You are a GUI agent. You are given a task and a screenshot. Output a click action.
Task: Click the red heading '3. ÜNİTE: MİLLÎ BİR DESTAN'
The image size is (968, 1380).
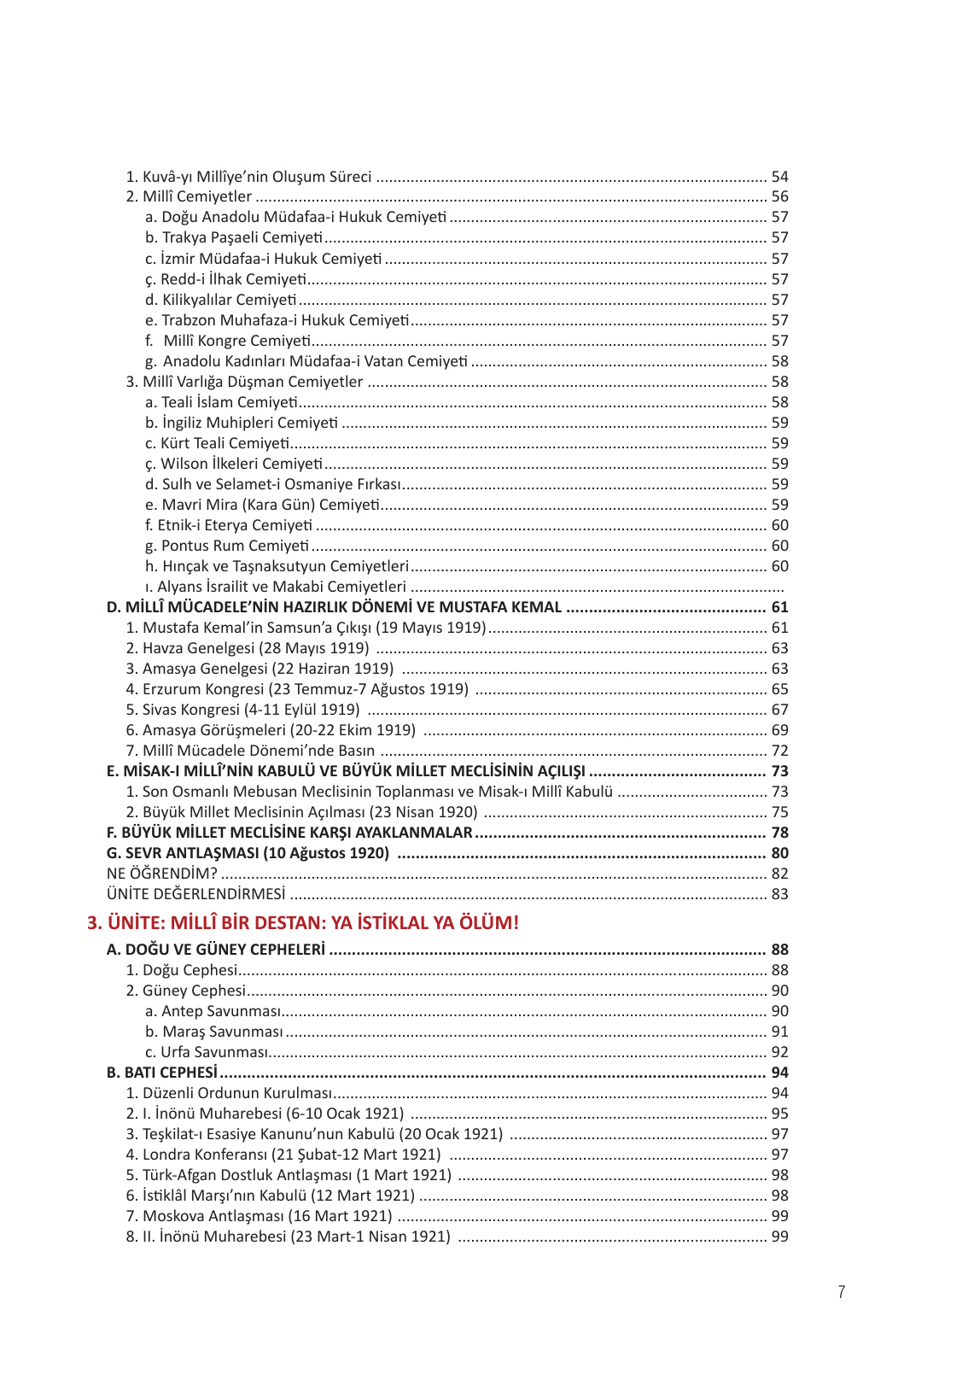pyautogui.click(x=303, y=922)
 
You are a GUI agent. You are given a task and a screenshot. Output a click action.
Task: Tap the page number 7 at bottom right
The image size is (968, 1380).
pyautogui.click(x=842, y=1292)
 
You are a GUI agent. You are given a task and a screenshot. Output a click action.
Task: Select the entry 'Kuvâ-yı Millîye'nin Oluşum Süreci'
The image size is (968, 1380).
pyautogui.click(x=248, y=177)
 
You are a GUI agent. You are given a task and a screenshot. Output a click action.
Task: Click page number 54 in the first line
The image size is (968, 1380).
pyautogui.click(x=779, y=177)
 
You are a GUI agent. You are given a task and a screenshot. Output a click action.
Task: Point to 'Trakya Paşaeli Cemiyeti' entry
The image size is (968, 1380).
pyautogui.click(x=234, y=237)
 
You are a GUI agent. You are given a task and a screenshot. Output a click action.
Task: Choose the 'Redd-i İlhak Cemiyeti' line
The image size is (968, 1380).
pyautogui.click(x=225, y=279)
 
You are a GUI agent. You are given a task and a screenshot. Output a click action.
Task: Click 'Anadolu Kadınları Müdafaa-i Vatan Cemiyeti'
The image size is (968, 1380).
pyautogui.click(x=306, y=361)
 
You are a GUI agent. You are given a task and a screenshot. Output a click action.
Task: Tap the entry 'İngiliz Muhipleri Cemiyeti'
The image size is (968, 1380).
pyautogui.click(x=242, y=423)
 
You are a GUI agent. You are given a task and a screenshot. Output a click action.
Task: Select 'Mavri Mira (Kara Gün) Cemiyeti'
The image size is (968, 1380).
pyautogui.click(x=262, y=505)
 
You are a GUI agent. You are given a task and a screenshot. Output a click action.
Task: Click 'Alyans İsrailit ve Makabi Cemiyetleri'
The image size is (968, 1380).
pyautogui.click(x=276, y=587)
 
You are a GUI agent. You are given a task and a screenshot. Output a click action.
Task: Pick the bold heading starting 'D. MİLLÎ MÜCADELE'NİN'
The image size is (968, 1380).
pyautogui.click(x=334, y=607)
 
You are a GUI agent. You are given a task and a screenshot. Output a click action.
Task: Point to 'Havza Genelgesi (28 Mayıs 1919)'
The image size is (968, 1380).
pyautogui.click(x=248, y=648)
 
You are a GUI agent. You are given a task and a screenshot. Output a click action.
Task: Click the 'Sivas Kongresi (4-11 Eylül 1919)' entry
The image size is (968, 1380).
pyautogui.click(x=242, y=710)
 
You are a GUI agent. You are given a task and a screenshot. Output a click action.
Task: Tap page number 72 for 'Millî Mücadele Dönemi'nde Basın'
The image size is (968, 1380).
pyautogui.click(x=779, y=751)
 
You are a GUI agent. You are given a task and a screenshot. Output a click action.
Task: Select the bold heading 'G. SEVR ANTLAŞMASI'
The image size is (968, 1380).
pyautogui.click(x=248, y=853)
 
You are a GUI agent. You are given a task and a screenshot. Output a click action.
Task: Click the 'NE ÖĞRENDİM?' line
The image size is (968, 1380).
pyautogui.click(x=162, y=874)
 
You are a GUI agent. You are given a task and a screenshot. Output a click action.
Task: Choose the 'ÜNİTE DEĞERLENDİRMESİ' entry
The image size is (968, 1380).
pyautogui.click(x=196, y=894)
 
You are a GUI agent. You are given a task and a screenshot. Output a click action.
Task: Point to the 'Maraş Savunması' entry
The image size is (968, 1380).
pyautogui.click(x=214, y=1032)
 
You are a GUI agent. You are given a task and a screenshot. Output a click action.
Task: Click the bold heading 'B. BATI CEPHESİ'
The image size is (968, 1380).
pyautogui.click(x=162, y=1073)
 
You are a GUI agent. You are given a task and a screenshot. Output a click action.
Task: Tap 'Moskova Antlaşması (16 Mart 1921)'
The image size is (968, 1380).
pyautogui.click(x=259, y=1216)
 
